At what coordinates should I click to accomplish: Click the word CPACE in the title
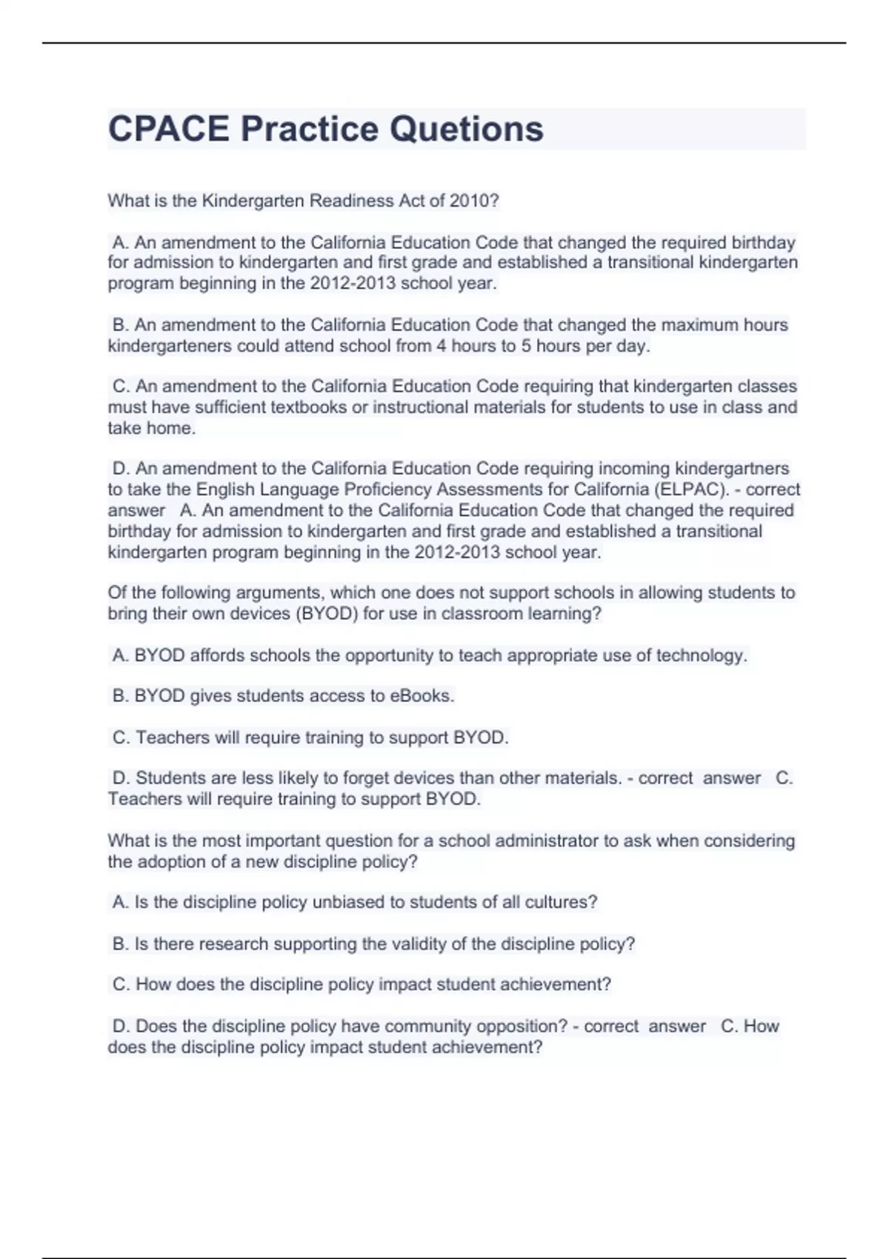[x=169, y=129]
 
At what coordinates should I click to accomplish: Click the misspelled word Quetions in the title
[x=467, y=129]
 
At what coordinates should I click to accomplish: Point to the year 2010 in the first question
[x=474, y=201]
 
